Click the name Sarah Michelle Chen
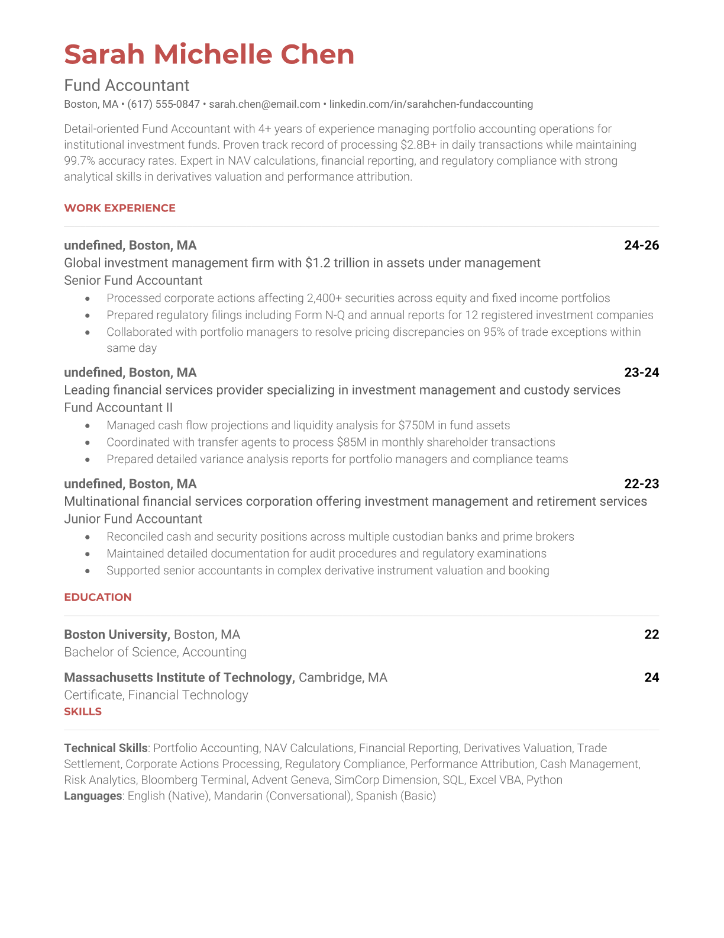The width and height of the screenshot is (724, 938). point(209,54)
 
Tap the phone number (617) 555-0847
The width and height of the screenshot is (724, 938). point(164,104)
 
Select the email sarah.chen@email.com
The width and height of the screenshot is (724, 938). point(264,104)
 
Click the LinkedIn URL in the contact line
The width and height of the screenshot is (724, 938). point(431,104)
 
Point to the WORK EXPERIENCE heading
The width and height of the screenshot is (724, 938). point(119,208)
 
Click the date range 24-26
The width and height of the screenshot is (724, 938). point(641,245)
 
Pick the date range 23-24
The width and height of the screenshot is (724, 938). point(641,372)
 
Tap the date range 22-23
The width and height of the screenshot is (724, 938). point(641,484)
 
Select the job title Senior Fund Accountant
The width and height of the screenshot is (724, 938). point(133,281)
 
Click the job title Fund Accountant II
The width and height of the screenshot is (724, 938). point(118,408)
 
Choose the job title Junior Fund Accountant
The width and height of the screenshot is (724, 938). point(133,519)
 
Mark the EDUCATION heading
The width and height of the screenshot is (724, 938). point(98,597)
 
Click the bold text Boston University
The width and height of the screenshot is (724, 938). point(117,635)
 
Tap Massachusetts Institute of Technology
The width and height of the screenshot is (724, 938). point(179,677)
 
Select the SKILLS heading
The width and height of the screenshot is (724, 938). point(83,711)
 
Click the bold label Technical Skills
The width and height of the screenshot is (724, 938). point(105,749)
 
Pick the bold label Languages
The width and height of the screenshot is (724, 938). point(93,796)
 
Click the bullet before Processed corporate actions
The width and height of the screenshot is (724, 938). point(88,298)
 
